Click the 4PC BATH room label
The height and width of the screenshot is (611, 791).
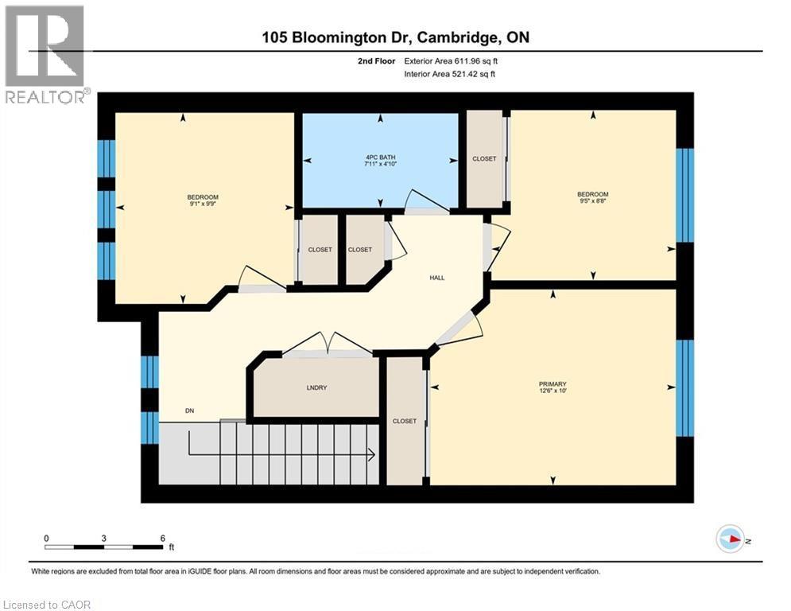point(380,157)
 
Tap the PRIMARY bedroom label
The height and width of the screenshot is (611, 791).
point(553,383)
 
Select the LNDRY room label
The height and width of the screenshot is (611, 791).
point(317,387)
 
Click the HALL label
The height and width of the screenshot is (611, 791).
point(437,278)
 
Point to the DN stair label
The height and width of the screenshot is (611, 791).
point(190,411)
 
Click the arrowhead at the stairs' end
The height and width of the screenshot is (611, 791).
point(372,455)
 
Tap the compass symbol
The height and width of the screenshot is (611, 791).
point(731,539)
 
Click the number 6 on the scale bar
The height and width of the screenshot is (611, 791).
point(162,539)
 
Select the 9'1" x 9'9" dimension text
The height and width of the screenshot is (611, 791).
point(203,204)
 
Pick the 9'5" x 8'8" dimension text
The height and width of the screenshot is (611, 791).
point(593,201)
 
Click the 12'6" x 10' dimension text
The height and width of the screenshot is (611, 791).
point(553,391)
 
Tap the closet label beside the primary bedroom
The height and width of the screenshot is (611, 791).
point(405,421)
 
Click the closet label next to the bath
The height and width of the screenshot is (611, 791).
point(484,158)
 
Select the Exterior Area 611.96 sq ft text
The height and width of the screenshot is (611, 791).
point(451,61)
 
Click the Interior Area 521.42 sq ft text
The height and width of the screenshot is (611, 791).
point(449,74)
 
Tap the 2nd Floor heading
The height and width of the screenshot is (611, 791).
point(376,61)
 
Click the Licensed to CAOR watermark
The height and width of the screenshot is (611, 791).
point(47,605)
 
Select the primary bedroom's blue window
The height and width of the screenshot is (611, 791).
point(684,387)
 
